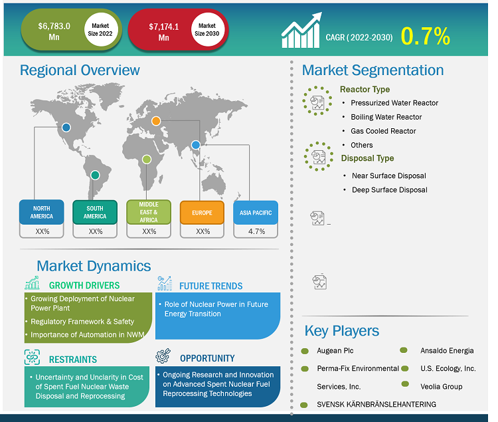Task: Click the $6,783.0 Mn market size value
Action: point(54,31)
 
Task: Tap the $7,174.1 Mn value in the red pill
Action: point(163,32)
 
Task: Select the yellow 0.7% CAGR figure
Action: point(425,36)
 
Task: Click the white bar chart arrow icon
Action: point(301,31)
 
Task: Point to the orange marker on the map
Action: point(156,121)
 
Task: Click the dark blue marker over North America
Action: point(66,128)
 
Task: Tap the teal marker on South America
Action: point(95,175)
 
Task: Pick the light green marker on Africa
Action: point(147,159)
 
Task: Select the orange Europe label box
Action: point(202,213)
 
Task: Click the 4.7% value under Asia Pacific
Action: point(256,231)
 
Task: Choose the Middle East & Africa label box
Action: point(149,212)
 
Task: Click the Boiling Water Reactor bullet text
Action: point(386,117)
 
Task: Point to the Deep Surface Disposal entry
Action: point(389,189)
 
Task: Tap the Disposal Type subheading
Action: point(367,158)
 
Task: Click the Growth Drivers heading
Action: point(84,285)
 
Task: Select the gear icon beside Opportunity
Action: point(163,356)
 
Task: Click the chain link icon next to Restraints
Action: point(32,357)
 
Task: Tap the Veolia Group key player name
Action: point(441,387)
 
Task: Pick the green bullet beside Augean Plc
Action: point(305,351)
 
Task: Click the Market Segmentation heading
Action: point(373,70)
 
